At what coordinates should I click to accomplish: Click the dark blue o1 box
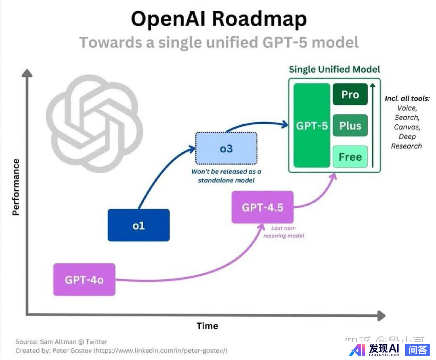pyautogui.click(x=138, y=225)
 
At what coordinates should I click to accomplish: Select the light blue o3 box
pyautogui.click(x=226, y=149)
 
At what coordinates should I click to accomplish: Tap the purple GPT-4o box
pyautogui.click(x=84, y=279)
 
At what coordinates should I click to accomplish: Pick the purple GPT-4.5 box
pyautogui.click(x=262, y=207)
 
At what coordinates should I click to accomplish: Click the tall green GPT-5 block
pyautogui.click(x=312, y=126)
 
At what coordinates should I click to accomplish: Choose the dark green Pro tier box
pyautogui.click(x=350, y=94)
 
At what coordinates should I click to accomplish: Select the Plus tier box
pyautogui.click(x=350, y=126)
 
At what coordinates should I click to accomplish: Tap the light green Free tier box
pyautogui.click(x=350, y=157)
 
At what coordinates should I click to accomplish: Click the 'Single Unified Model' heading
pyautogui.click(x=334, y=69)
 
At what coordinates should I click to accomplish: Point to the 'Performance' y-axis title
pyautogui.click(x=16, y=187)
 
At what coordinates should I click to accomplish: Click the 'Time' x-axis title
pyautogui.click(x=207, y=326)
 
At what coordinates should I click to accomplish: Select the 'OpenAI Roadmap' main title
pyautogui.click(x=219, y=19)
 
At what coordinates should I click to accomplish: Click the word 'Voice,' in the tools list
pyautogui.click(x=407, y=108)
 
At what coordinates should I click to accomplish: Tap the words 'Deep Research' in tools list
pyautogui.click(x=407, y=141)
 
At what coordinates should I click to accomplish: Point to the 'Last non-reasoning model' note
pyautogui.click(x=283, y=232)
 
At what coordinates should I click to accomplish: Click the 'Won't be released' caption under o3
pyautogui.click(x=226, y=176)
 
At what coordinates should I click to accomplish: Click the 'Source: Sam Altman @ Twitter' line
pyautogui.click(x=61, y=342)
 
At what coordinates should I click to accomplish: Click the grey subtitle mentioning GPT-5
pyautogui.click(x=219, y=42)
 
